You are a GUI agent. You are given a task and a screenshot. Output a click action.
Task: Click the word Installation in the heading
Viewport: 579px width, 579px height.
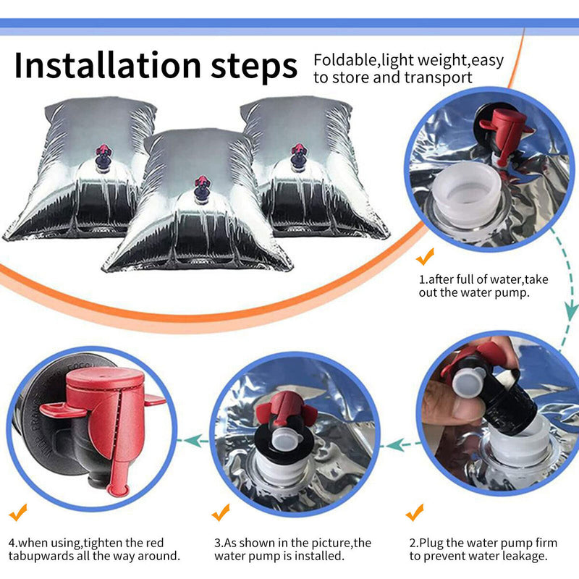(x=107, y=65)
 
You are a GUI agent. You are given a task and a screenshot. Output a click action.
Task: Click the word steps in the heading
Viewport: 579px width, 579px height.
(x=254, y=67)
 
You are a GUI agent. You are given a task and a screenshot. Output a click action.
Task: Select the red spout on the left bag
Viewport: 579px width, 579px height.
(x=103, y=151)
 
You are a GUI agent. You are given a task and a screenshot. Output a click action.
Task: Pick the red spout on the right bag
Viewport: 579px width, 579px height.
(x=298, y=151)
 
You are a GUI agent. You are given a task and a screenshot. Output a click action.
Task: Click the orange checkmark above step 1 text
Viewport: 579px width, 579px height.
(x=425, y=256)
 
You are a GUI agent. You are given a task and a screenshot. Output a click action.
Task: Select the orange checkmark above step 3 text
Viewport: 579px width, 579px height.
(x=221, y=512)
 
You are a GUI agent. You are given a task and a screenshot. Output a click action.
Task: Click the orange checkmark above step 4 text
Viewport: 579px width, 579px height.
(x=18, y=512)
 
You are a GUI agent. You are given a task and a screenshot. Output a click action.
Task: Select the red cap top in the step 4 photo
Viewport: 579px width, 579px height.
(x=105, y=377)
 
